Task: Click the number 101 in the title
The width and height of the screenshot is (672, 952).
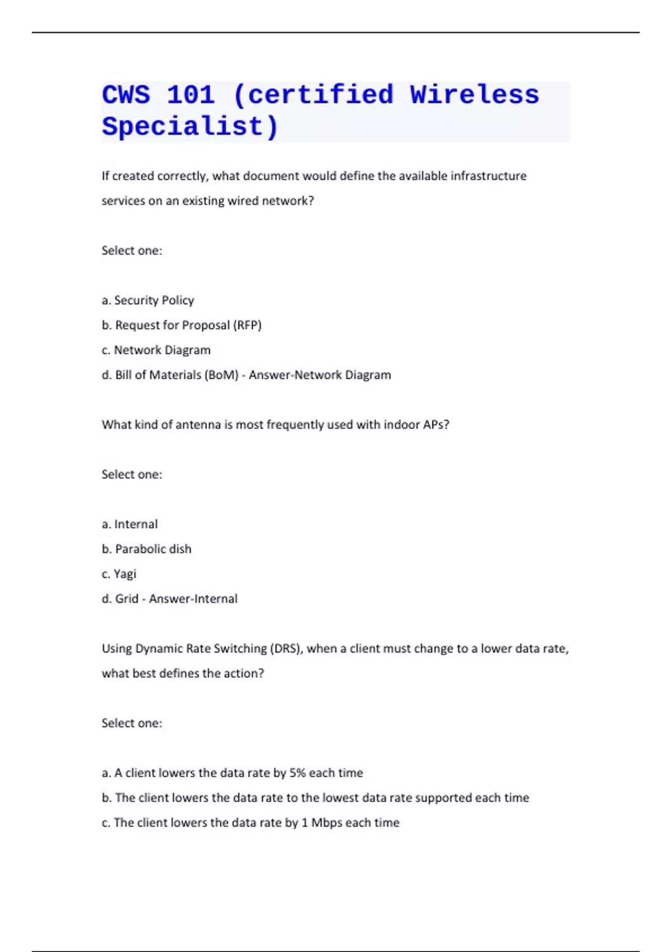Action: [x=191, y=95]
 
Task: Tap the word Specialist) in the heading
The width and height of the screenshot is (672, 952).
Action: [x=190, y=127]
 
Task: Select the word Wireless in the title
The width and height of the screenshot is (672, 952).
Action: [x=474, y=95]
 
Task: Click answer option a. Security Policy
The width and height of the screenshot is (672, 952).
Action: [x=148, y=300]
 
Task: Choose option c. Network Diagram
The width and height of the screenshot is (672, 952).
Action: [x=156, y=350]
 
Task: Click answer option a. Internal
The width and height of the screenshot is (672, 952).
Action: [x=130, y=524]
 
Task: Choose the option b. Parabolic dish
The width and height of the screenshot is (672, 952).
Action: [x=147, y=549]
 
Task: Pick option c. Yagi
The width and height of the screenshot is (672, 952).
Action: [x=119, y=574]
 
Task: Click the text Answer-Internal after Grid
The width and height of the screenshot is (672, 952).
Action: [x=193, y=599]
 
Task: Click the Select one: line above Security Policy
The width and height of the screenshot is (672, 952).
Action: [x=132, y=250]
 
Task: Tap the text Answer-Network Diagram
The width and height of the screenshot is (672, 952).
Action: [x=320, y=375]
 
